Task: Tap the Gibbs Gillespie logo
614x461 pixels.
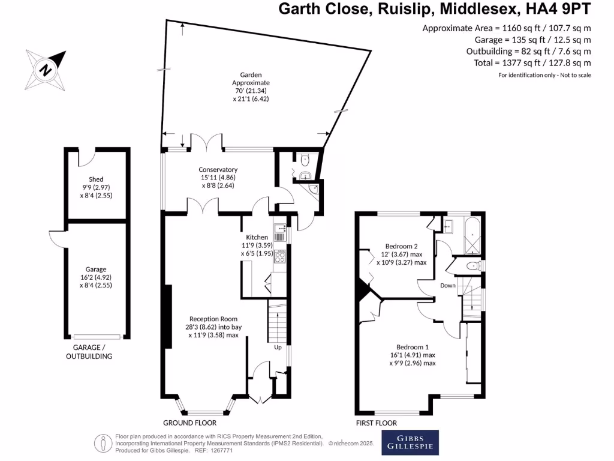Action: point(410,442)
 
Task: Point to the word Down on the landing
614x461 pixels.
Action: point(448,286)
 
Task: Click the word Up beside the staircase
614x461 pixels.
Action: point(278,348)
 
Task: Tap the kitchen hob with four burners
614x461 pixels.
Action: point(279,257)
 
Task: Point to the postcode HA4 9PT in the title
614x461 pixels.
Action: point(559,9)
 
